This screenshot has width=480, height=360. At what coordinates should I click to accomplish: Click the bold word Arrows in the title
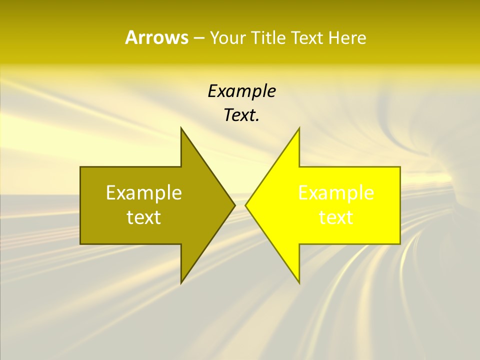[156, 38]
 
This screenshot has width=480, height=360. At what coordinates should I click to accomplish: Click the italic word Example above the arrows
[241, 91]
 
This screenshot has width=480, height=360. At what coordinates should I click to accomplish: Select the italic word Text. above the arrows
[241, 115]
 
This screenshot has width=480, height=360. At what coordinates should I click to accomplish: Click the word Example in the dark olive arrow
[144, 192]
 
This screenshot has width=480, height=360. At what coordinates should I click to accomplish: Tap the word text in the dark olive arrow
[144, 217]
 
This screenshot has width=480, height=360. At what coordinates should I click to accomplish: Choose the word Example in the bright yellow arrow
[336, 192]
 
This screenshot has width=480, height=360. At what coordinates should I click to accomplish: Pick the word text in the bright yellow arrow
[336, 217]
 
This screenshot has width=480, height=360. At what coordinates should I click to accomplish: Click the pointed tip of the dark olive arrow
[234, 205]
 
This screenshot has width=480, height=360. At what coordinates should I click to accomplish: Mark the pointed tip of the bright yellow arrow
[245, 205]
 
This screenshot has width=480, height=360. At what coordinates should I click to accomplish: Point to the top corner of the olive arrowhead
[181, 128]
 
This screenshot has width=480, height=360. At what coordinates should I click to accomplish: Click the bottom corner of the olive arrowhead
[181, 283]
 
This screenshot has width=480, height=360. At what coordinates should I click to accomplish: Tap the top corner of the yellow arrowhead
[299, 128]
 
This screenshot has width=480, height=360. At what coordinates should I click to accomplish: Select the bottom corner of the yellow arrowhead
[299, 283]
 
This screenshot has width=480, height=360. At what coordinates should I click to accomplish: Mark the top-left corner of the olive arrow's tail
[80, 167]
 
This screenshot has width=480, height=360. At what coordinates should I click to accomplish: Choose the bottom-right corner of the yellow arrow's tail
[400, 243]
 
